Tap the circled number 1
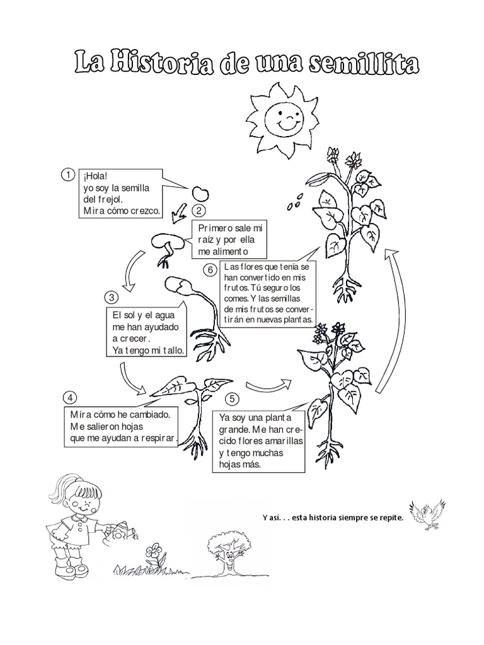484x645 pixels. pos(65,174)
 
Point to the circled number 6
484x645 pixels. pos(210,270)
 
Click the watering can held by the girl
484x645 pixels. pos(120,529)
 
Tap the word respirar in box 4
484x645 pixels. pos(157,439)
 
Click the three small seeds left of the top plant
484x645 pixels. pos(294,205)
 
